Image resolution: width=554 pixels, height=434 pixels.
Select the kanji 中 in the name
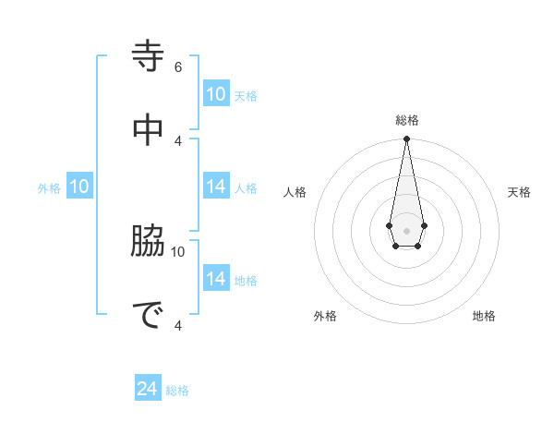point(149,129)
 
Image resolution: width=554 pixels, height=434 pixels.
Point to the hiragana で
point(149,315)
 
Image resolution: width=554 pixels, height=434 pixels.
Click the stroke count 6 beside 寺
point(178,66)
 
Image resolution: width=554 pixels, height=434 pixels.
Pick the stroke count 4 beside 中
point(178,140)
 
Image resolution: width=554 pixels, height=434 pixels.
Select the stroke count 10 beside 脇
point(178,251)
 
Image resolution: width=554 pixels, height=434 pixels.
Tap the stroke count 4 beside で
point(178,325)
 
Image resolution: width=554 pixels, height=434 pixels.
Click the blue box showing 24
point(148,390)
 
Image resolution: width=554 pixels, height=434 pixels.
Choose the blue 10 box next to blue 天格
point(216,94)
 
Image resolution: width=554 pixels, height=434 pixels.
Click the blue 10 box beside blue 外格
point(79,187)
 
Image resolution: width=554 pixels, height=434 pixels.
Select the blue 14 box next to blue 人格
point(216,187)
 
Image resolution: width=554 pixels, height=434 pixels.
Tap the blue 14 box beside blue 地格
point(216,279)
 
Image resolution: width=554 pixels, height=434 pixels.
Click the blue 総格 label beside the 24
point(177,391)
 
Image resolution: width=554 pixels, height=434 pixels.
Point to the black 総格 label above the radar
point(406,120)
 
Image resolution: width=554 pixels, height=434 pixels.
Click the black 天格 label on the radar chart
point(519,192)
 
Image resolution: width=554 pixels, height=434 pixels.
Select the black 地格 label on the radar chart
point(484,316)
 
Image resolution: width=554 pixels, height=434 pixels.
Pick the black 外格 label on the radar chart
point(325,316)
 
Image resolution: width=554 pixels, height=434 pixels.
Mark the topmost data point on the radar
point(406,139)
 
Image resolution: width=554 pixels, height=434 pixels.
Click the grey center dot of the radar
point(406,229)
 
